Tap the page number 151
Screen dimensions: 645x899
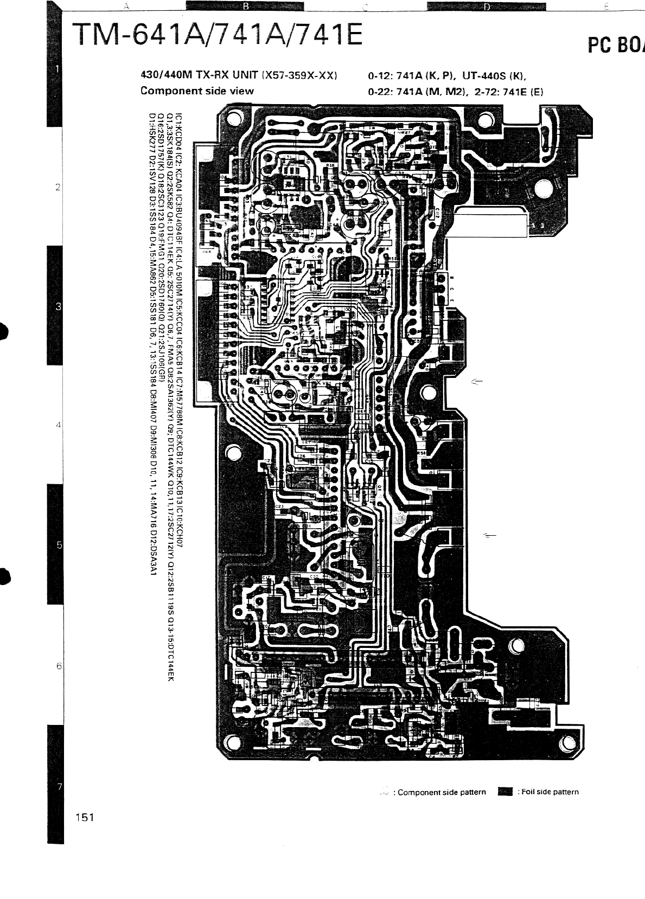(x=85, y=817)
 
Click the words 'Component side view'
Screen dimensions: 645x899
(x=197, y=91)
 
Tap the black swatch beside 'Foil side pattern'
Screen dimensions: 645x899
(x=505, y=792)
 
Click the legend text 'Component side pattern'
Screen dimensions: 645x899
(x=442, y=792)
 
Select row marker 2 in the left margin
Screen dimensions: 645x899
(x=57, y=188)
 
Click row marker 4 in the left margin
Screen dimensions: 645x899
(x=57, y=425)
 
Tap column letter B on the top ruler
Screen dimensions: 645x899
(x=245, y=7)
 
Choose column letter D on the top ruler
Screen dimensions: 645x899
(x=487, y=7)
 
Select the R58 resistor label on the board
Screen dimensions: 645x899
(x=421, y=452)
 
